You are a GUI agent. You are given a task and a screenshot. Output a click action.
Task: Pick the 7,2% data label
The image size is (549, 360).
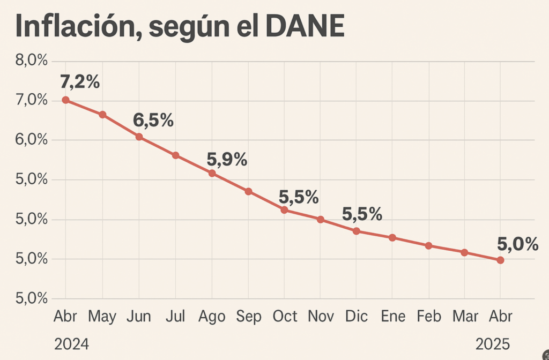tap(80, 82)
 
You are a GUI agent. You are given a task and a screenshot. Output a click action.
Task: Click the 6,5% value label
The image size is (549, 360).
tap(153, 120)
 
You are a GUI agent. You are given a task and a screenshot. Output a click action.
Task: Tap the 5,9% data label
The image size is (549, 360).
tap(227, 159)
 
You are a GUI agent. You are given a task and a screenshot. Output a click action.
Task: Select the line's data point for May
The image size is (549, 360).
tap(102, 115)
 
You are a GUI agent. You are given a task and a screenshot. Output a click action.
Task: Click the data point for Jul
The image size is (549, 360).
tap(175, 155)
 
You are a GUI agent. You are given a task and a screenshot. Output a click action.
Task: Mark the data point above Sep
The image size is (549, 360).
tap(248, 191)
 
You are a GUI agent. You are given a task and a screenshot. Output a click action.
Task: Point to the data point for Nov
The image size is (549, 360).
tap(321, 220)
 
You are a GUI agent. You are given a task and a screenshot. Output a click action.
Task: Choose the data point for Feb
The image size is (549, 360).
tap(428, 246)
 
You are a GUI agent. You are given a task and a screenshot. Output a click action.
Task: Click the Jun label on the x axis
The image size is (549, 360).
tap(138, 317)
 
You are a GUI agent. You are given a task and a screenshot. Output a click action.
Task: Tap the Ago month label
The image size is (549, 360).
tap(212, 317)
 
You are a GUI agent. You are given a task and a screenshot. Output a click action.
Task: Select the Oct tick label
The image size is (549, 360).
tap(285, 317)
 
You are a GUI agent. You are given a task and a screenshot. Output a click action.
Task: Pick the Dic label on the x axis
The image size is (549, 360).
tap(357, 317)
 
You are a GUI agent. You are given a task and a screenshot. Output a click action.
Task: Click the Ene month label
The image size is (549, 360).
tap(393, 317)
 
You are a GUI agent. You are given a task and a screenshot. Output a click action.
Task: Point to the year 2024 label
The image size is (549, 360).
tap(71, 343)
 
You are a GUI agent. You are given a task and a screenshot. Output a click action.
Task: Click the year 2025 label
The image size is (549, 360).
tap(493, 343)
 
